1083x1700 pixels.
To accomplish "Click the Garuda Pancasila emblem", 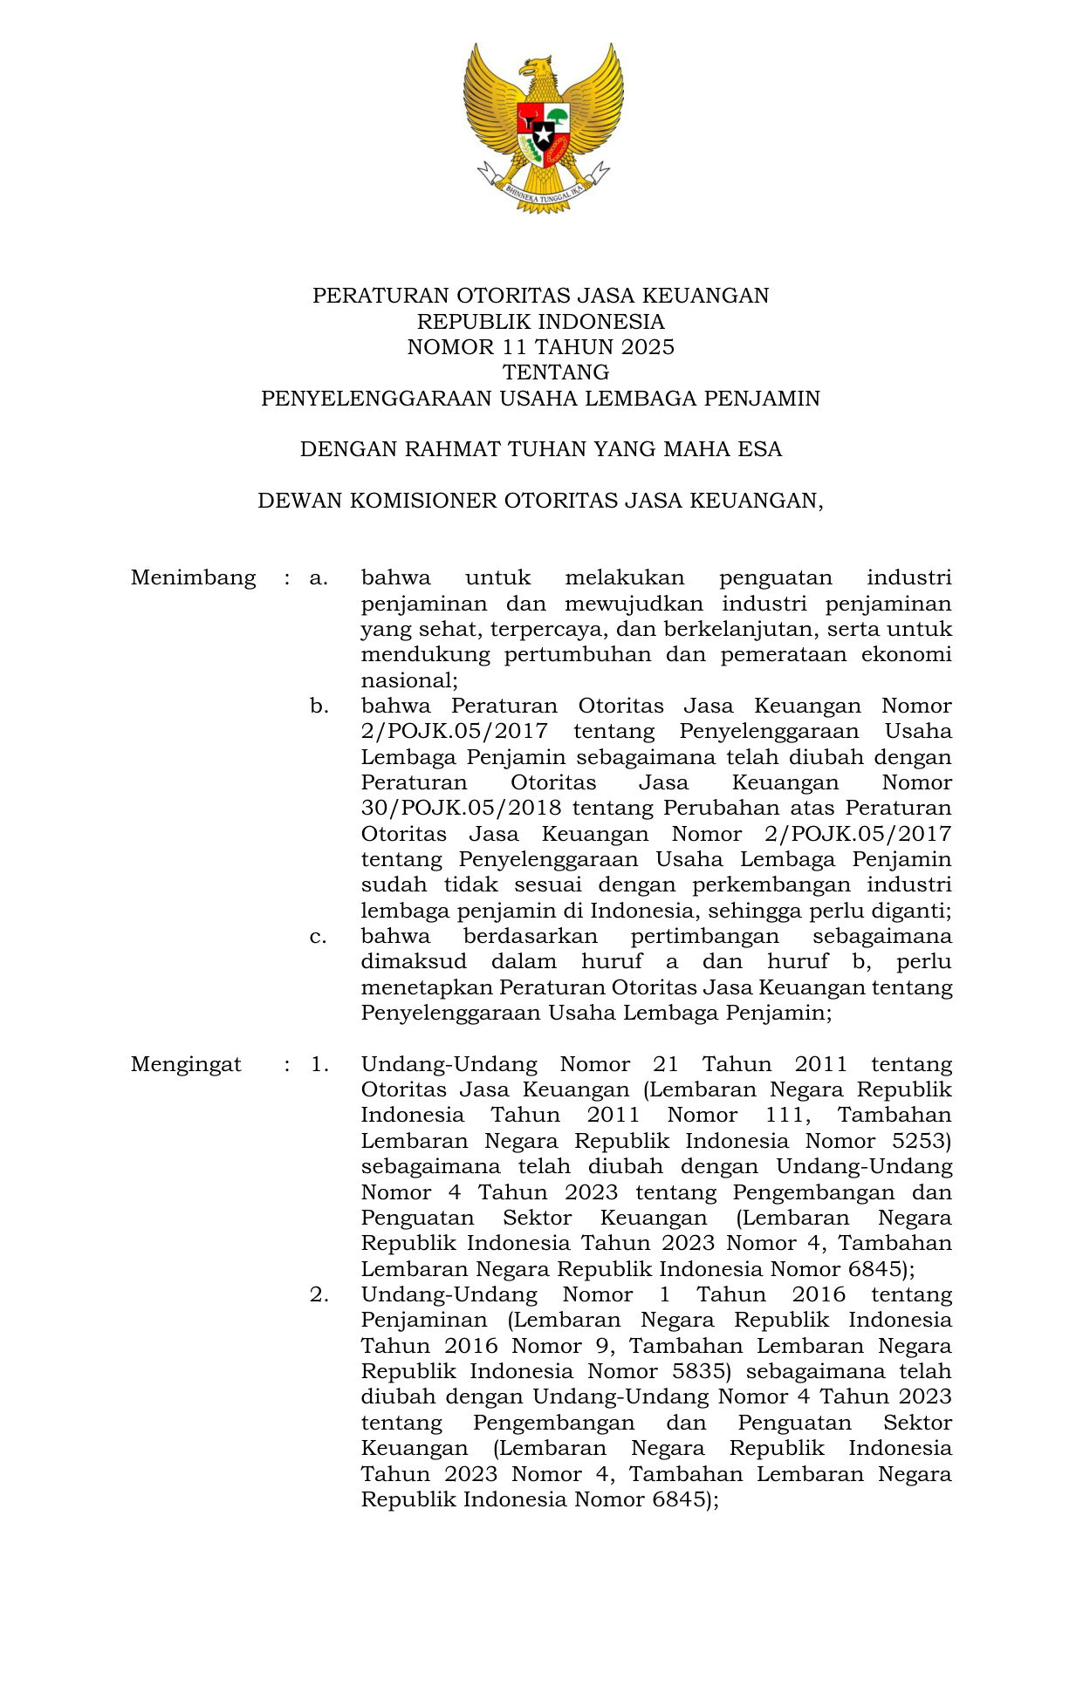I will (543, 126).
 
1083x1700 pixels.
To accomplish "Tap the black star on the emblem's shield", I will (543, 136).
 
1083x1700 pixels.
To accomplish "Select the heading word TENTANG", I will (556, 372).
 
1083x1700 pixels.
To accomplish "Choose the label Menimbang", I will (193, 577).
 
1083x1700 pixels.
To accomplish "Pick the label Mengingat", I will (186, 1064).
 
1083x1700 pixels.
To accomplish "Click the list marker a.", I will (319, 577).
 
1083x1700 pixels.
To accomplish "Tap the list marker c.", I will (319, 936).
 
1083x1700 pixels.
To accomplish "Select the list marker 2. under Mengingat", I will (319, 1294).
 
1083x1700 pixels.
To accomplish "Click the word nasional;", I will (409, 680).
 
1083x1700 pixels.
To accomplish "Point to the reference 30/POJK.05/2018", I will (461, 808).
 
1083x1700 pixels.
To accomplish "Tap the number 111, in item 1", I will (788, 1115).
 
